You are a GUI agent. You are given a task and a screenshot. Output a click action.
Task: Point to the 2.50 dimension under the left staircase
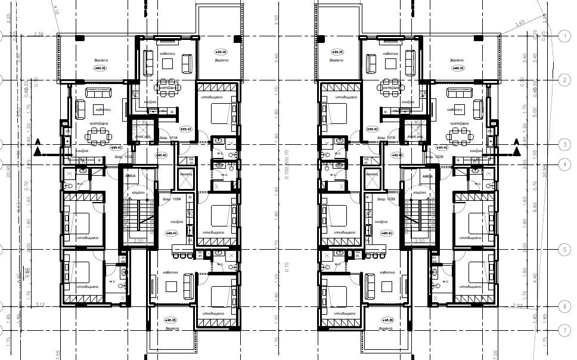[139, 240]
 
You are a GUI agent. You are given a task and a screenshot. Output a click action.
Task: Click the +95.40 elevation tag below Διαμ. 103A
[173, 234]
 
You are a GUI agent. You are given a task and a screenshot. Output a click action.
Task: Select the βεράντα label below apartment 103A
[172, 328]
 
